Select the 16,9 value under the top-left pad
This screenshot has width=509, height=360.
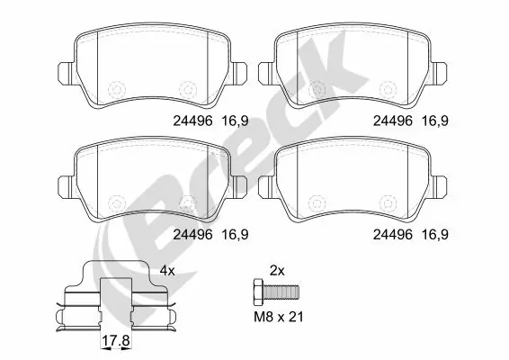236,117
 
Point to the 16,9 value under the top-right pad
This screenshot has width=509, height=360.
437,117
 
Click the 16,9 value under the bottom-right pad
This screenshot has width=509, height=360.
437,234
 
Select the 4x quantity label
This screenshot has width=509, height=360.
166,269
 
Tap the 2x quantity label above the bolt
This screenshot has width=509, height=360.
278,269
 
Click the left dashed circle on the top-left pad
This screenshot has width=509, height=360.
115,89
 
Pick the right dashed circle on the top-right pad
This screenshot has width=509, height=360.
388,89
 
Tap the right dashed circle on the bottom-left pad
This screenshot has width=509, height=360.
187,202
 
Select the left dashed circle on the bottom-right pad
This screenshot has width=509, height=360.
317,202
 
